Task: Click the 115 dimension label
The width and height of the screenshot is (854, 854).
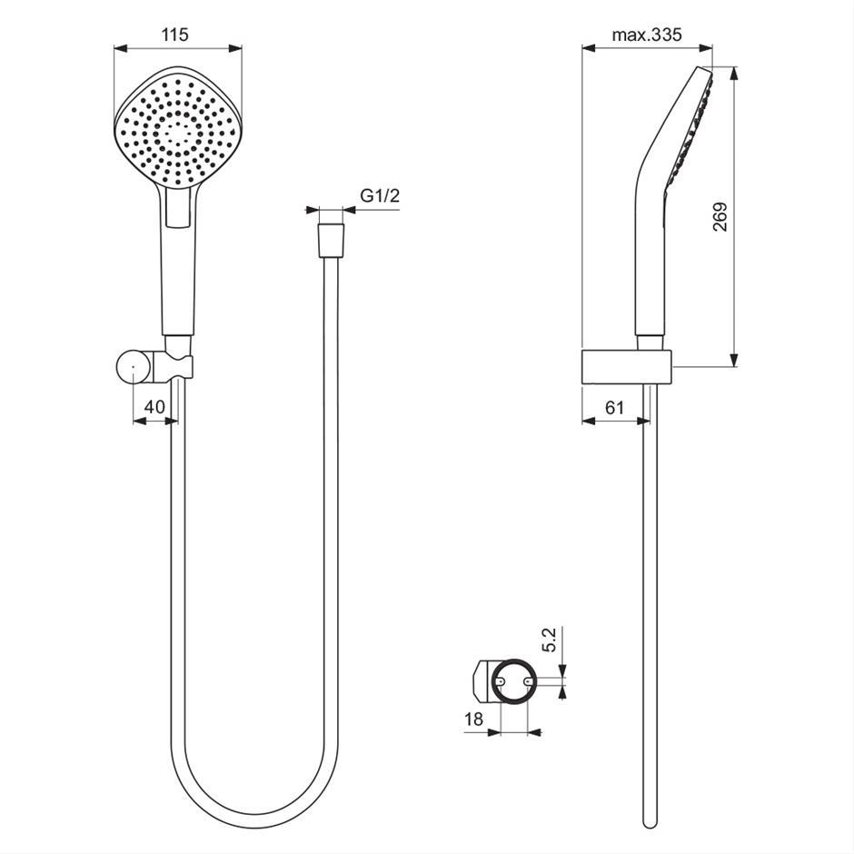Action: point(174,35)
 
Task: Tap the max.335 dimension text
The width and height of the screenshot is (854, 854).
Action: point(647,35)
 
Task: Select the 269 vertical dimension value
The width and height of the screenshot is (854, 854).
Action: point(720,217)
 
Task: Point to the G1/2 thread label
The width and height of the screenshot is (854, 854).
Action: point(380,195)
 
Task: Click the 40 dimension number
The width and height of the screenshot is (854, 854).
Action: point(154,407)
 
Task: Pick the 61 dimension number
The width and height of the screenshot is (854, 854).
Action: point(614,407)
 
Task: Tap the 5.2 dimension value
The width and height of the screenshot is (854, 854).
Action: point(549,640)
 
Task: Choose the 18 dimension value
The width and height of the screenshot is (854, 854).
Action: point(473,720)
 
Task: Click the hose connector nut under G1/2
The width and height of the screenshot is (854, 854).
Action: point(331,240)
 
